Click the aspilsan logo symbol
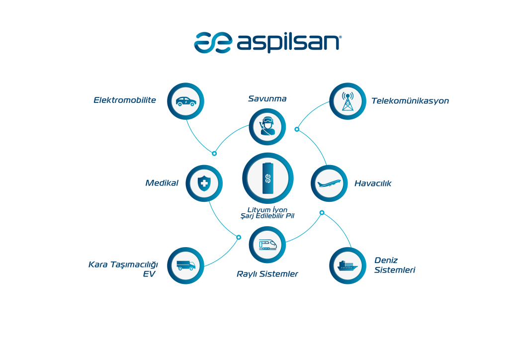click(x=213, y=43)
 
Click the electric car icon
click(x=186, y=101)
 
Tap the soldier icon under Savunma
click(x=267, y=126)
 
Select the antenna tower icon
click(x=347, y=101)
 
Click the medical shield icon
click(x=204, y=183)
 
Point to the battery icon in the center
click(x=268, y=178)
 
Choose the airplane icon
click(x=329, y=184)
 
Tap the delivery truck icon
click(x=186, y=265)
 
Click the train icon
click(x=267, y=245)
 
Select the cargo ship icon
click(x=347, y=266)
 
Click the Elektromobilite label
click(x=125, y=100)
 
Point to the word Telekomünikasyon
click(x=410, y=101)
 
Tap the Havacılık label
click(x=373, y=183)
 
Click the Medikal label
click(x=162, y=183)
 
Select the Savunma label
click(x=267, y=98)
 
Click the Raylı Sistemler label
click(x=267, y=274)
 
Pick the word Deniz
click(x=386, y=261)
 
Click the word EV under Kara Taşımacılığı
click(x=149, y=274)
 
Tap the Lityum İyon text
click(x=267, y=210)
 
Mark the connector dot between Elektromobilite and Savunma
click(x=214, y=154)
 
